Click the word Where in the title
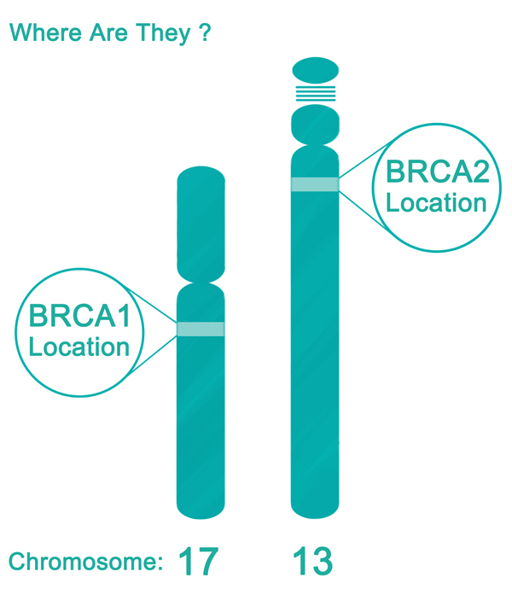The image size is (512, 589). tap(39, 34)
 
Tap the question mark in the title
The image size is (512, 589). tap(204, 34)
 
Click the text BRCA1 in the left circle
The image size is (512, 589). tap(79, 316)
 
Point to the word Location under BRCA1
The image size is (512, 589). tap(79, 347)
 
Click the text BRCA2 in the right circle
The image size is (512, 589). tap(437, 172)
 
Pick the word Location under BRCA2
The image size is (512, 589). tap(437, 203)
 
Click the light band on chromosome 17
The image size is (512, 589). tap(201, 329)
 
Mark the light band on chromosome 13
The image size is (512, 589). tap(316, 184)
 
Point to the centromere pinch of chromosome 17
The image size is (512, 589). tap(201, 283)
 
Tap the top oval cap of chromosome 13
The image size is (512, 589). tap(316, 68)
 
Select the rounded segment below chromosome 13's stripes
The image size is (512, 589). tap(316, 123)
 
